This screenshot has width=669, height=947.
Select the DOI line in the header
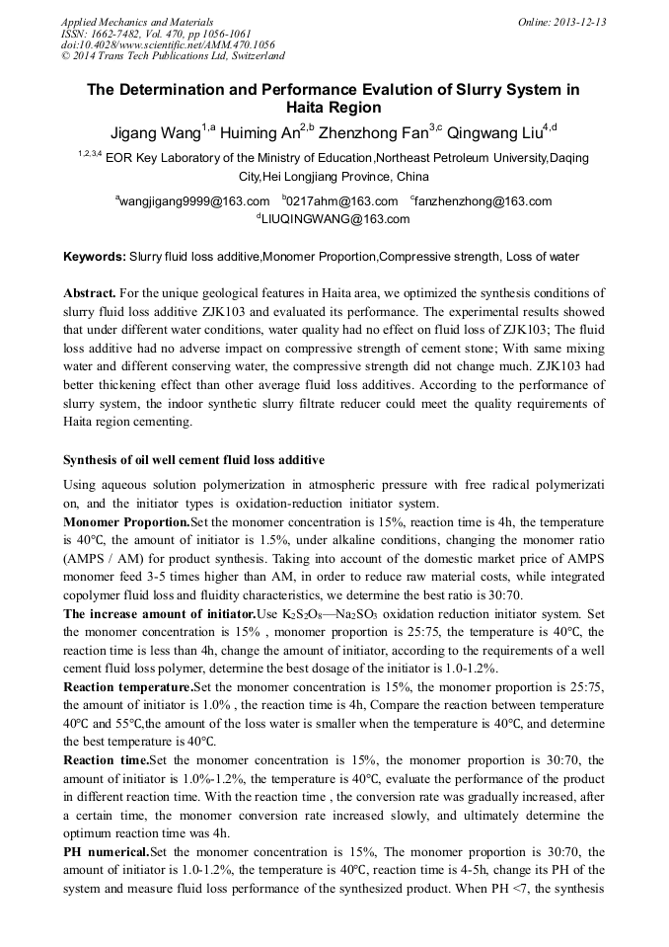click(168, 44)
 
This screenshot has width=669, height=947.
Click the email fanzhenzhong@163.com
click(483, 201)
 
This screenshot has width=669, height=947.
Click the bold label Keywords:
click(95, 257)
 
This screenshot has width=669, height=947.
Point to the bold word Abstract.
click(91, 293)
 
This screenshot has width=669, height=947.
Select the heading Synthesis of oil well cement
click(193, 460)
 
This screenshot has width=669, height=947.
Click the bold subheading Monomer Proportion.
click(126, 521)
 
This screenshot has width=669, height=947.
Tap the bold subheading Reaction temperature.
click(128, 685)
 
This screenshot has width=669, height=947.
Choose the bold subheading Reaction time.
click(106, 760)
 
